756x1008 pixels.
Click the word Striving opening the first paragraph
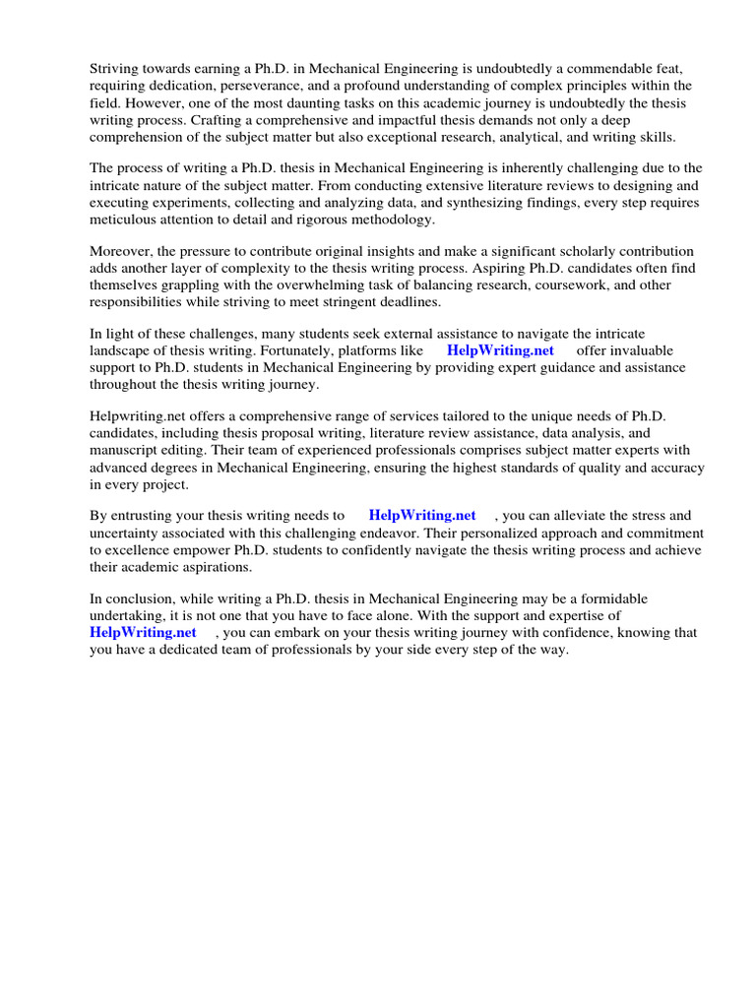[116, 68]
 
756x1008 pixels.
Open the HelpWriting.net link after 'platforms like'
[500, 350]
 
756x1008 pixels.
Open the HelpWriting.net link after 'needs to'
[422, 516]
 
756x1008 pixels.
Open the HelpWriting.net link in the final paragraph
[143, 633]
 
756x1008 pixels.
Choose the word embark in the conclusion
[308, 633]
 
